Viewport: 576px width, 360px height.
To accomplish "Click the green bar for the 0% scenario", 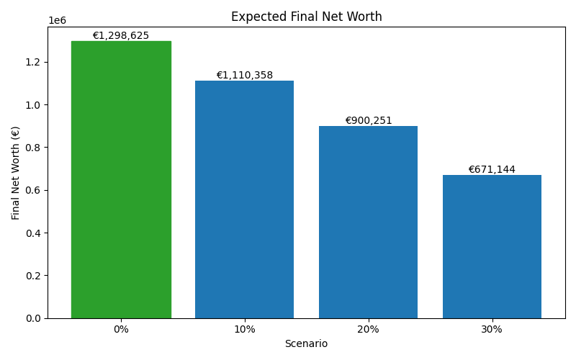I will [x=121, y=180].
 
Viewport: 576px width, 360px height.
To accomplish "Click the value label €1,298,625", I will [x=121, y=35].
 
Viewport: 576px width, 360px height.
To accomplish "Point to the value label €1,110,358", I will [x=245, y=75].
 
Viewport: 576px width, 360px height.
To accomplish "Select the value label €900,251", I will [x=368, y=120].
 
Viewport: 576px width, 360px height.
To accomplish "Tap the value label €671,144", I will [x=492, y=169].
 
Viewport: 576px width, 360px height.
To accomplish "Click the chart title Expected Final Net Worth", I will [x=306, y=17].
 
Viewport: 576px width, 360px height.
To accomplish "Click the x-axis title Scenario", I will [x=306, y=343].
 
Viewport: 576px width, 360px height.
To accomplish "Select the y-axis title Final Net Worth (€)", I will [x=16, y=173].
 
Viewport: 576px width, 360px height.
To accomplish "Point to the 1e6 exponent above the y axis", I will [x=57, y=20].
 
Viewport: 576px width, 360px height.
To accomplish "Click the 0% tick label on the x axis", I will [x=121, y=329].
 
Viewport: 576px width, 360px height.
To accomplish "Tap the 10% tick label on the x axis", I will [x=245, y=329].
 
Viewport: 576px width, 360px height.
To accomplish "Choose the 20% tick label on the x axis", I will [x=368, y=329].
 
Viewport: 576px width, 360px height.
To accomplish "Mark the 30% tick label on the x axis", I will [x=492, y=329].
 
